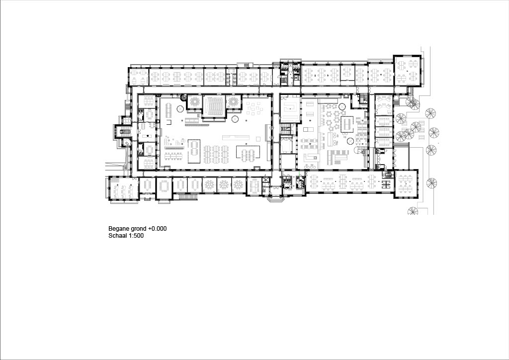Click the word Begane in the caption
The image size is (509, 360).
click(x=118, y=229)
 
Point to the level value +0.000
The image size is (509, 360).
click(x=158, y=229)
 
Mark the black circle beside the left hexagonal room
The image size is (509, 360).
click(x=183, y=97)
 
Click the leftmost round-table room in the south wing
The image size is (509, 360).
click(x=210, y=184)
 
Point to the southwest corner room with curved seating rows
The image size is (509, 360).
click(x=121, y=190)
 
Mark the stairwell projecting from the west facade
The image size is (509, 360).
click(x=123, y=132)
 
